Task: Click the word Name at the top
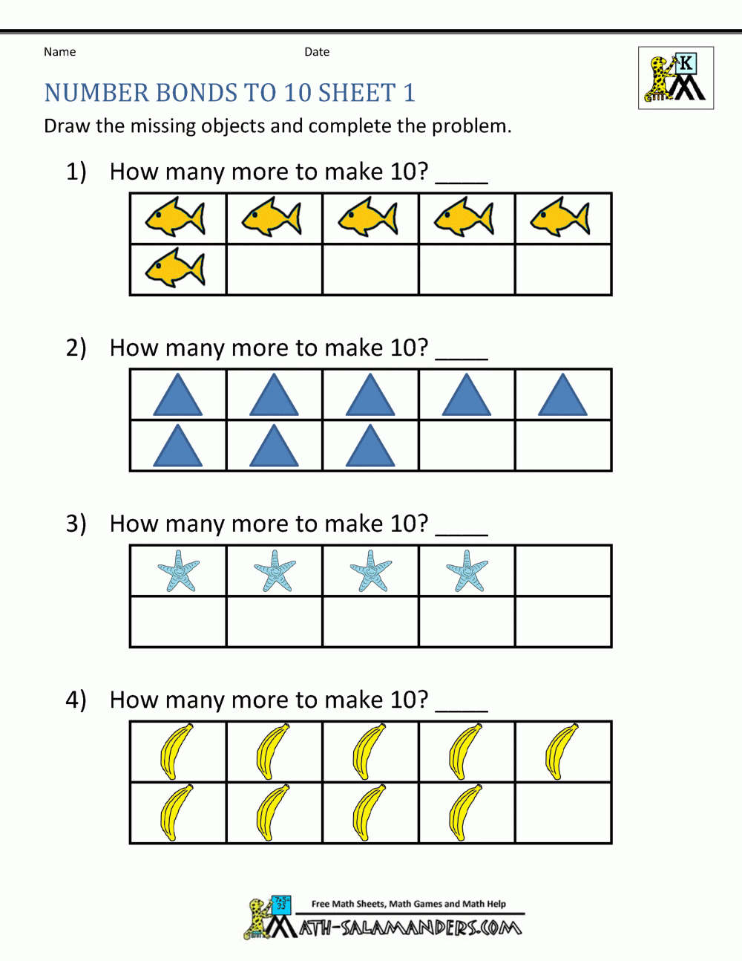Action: click(59, 52)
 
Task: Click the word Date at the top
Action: click(317, 52)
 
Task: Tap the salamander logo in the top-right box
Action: click(675, 78)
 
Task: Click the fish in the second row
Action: click(176, 268)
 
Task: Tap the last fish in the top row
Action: click(561, 217)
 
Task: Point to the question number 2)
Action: click(76, 348)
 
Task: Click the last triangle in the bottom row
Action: click(370, 446)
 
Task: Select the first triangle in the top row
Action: click(177, 396)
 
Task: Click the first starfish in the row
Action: click(179, 571)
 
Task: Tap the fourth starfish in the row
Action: click(467, 571)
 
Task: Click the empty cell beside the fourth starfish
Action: click(563, 571)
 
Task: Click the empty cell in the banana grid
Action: click(563, 812)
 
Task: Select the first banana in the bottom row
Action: click(176, 812)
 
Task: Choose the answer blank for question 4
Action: click(461, 706)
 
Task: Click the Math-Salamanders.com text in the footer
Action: click(410, 928)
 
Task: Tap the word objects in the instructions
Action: click(222, 126)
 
